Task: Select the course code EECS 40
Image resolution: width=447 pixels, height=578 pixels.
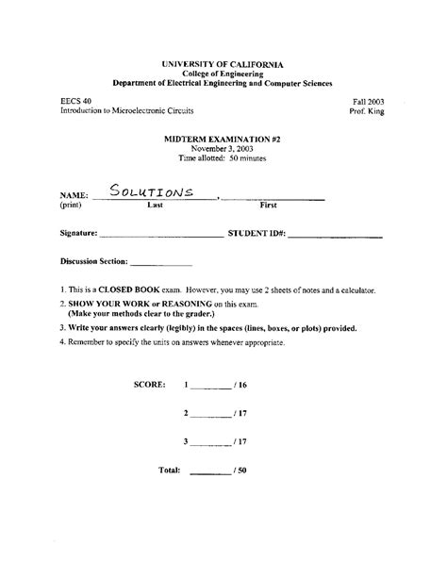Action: tap(76, 99)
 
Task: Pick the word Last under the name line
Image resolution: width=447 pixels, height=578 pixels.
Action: tap(156, 205)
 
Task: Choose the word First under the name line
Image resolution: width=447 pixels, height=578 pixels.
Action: tap(270, 205)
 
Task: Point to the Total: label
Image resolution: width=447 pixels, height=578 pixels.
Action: tap(170, 470)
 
